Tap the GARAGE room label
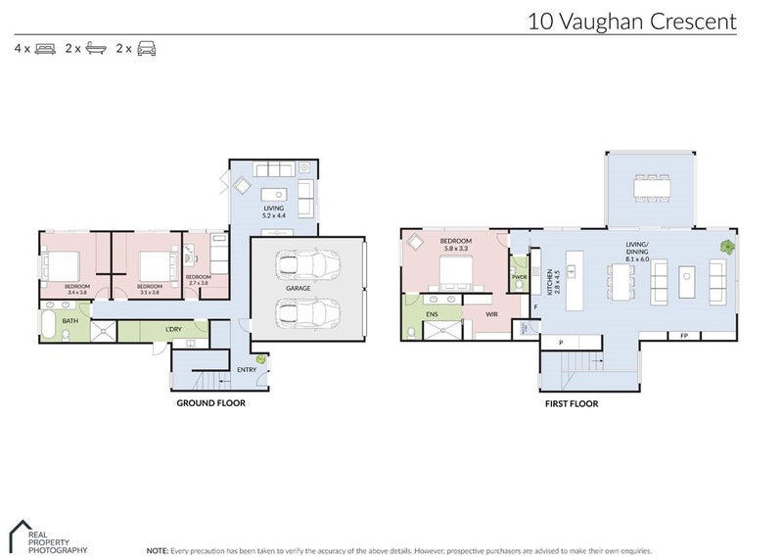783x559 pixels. click(299, 289)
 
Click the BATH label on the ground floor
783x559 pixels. click(70, 320)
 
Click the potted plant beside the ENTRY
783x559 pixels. click(261, 360)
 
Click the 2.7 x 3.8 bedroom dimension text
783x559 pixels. click(198, 281)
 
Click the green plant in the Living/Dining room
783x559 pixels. click(726, 247)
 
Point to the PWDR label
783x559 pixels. click(519, 277)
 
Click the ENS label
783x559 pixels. click(432, 314)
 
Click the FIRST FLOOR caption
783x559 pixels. click(571, 402)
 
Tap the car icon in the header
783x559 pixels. click(147, 47)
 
